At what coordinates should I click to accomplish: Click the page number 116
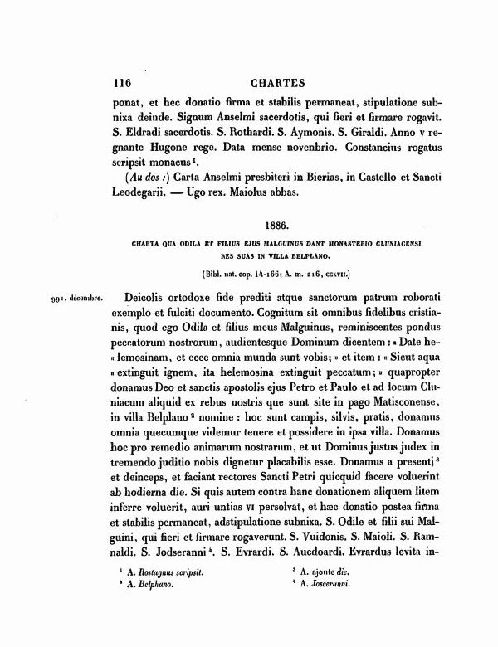pos(121,84)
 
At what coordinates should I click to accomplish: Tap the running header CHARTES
pos(277,84)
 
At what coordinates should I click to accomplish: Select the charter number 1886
pos(276,225)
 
